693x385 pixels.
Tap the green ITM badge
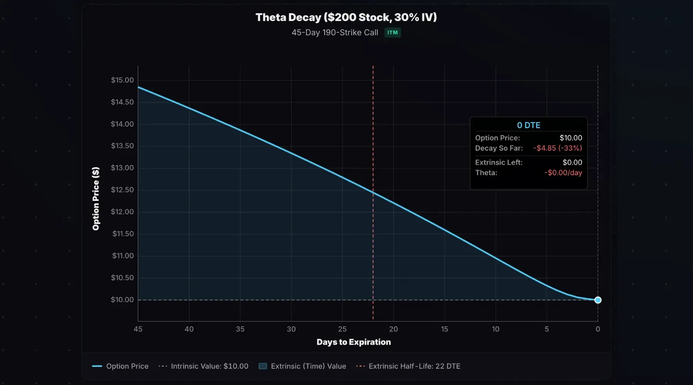coord(392,33)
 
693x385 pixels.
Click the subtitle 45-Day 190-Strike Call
coord(335,33)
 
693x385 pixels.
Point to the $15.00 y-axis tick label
coord(122,80)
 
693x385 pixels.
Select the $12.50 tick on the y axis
coord(122,190)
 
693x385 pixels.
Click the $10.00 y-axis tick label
coord(122,300)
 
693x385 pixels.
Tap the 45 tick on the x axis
coord(138,329)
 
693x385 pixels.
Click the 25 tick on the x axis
coord(342,329)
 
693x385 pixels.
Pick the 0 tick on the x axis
coord(598,329)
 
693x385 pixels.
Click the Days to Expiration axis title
coord(353,342)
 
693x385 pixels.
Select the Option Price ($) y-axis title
coord(96,199)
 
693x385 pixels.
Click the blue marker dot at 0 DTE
coord(598,300)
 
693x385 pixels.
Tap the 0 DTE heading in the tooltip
coord(528,125)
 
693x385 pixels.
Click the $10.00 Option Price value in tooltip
coord(571,138)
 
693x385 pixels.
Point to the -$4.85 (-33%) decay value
coord(557,148)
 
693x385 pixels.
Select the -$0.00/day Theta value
coord(563,173)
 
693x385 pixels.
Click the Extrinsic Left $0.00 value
coord(572,162)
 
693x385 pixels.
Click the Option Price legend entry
coord(120,366)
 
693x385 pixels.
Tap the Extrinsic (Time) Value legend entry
coord(303,366)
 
